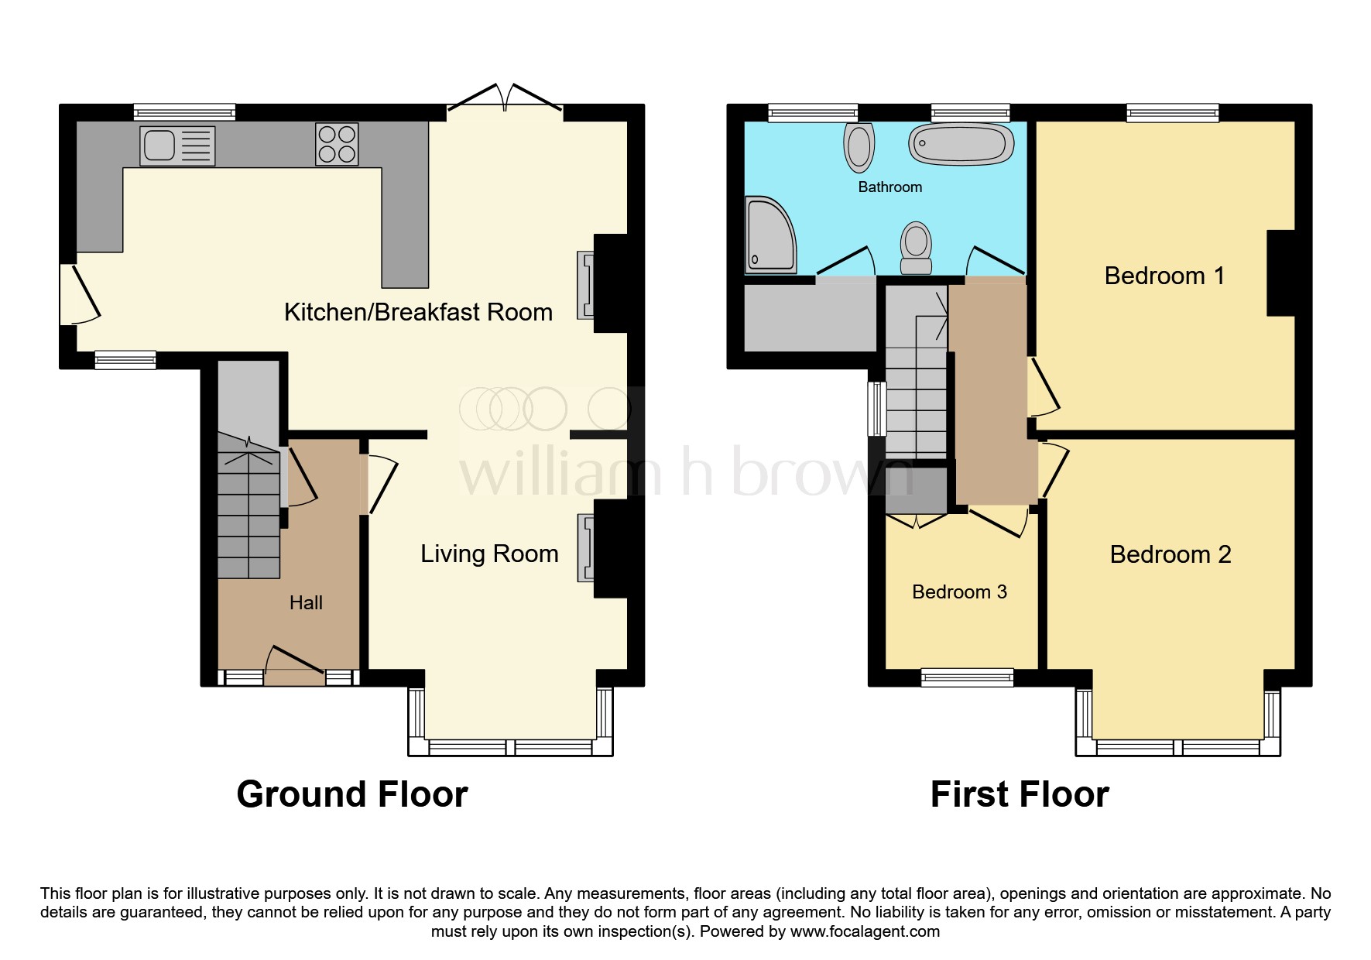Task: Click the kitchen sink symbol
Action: (177, 146)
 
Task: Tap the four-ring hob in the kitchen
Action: (337, 145)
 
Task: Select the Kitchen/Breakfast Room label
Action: (418, 312)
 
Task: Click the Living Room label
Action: (489, 554)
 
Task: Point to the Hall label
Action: (306, 603)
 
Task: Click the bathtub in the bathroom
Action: (961, 144)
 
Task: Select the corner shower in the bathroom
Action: (769, 235)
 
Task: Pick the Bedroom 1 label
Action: (1164, 276)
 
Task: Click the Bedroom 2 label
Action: (1170, 554)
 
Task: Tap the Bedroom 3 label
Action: (959, 592)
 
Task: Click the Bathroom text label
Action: (889, 187)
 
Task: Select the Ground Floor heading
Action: (352, 794)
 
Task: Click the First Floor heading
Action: (1020, 794)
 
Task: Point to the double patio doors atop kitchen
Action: (505, 101)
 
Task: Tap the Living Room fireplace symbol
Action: (585, 548)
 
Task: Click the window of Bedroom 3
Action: (967, 677)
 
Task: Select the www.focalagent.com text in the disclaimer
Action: (865, 931)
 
